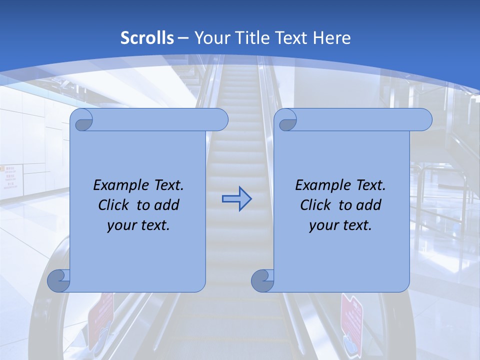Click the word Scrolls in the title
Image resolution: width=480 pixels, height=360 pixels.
coord(147,38)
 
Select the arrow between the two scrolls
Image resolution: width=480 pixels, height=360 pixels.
coord(236,199)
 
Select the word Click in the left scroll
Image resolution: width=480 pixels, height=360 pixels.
coord(114,205)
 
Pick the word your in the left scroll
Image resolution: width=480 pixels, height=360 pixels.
coord(121,225)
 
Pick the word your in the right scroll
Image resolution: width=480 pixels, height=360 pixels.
coord(323,225)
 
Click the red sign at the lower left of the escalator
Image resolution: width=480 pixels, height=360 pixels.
coord(100,315)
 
